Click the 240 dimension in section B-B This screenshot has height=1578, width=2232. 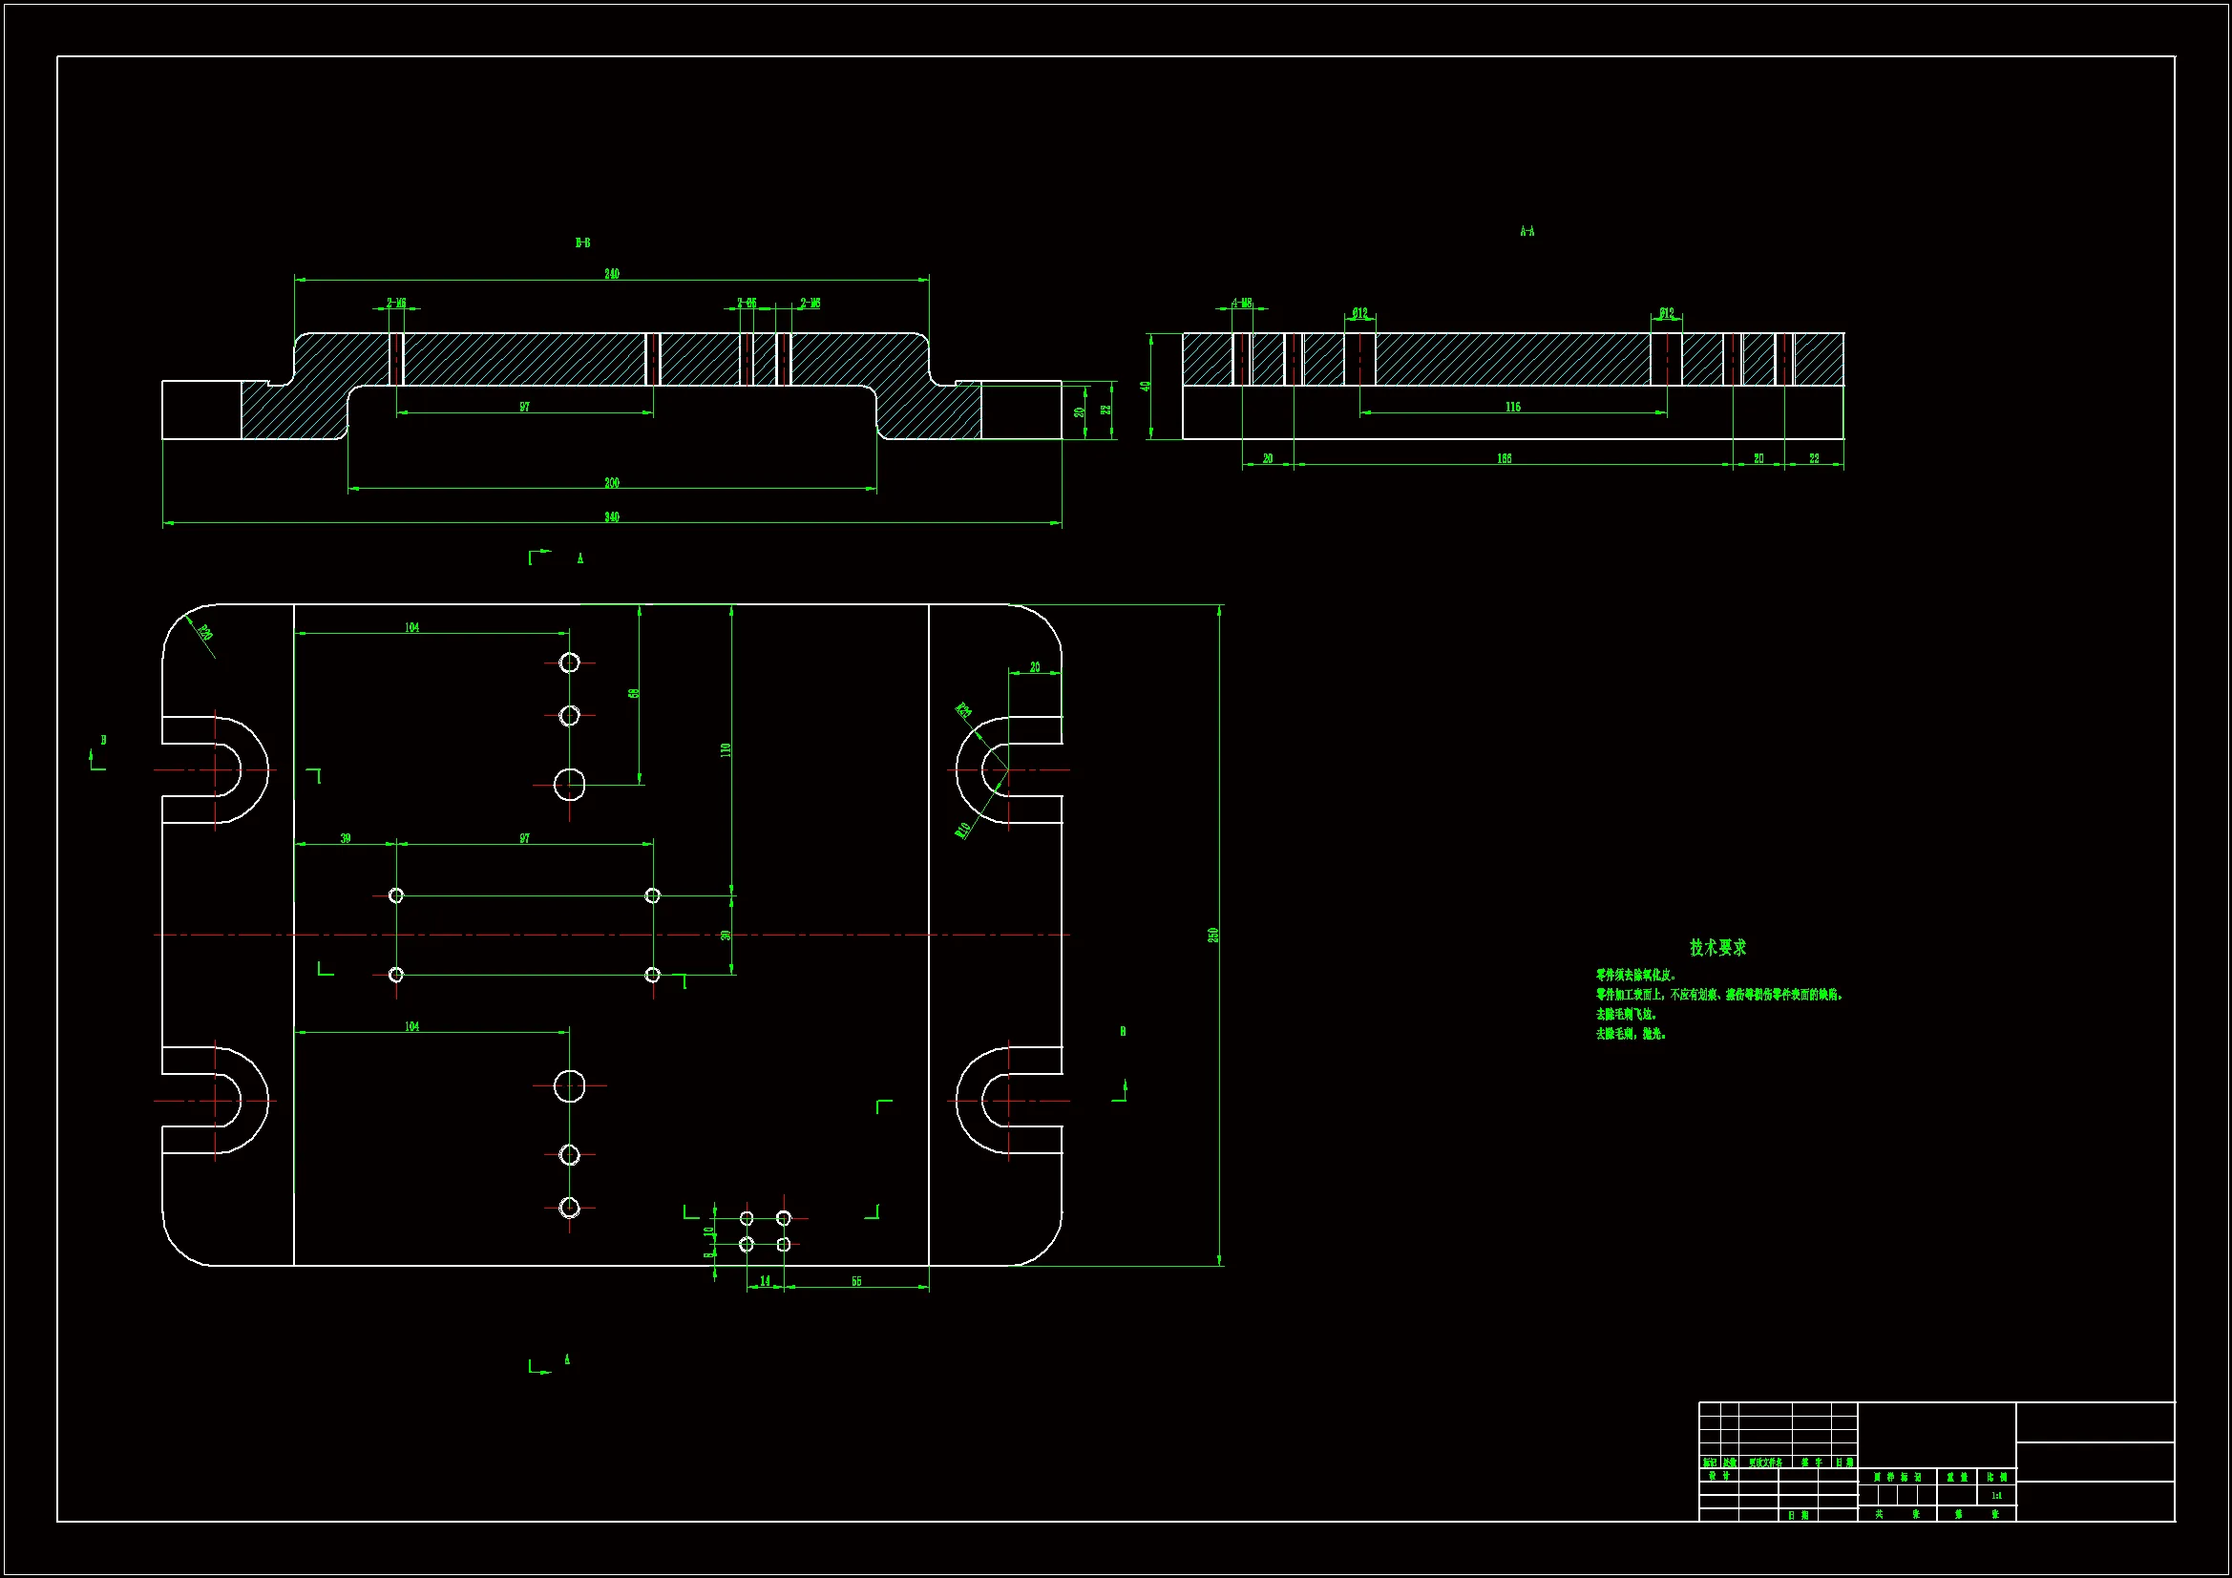pyautogui.click(x=612, y=274)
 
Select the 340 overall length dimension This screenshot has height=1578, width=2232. pyautogui.click(x=612, y=517)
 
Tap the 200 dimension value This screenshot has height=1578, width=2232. pyautogui.click(x=612, y=483)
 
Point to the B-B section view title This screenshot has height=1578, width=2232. pyautogui.click(x=582, y=243)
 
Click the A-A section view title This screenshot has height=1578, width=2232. pyautogui.click(x=1527, y=231)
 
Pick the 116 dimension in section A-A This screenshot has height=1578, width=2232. pyautogui.click(x=1512, y=408)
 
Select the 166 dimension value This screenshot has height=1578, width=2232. pyautogui.click(x=1504, y=459)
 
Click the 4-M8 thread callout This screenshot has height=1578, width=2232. pyautogui.click(x=1241, y=304)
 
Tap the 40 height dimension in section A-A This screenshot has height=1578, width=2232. pyautogui.click(x=1148, y=386)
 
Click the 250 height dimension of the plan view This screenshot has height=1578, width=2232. pyautogui.click(x=1213, y=935)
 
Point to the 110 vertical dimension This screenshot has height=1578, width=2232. pyautogui.click(x=726, y=749)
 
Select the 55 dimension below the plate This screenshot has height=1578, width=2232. pyautogui.click(x=856, y=1281)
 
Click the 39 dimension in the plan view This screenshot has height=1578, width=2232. pyautogui.click(x=345, y=838)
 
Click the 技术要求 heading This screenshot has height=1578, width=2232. pyautogui.click(x=1717, y=947)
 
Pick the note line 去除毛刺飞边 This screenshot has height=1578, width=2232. pyautogui.click(x=1627, y=1014)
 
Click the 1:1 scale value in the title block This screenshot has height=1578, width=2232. pyautogui.click(x=1996, y=1496)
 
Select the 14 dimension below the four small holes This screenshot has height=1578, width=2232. pyautogui.click(x=765, y=1281)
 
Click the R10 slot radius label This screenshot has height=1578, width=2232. pyautogui.click(x=962, y=831)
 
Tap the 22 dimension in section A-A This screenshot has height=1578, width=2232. pyautogui.click(x=1814, y=459)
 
